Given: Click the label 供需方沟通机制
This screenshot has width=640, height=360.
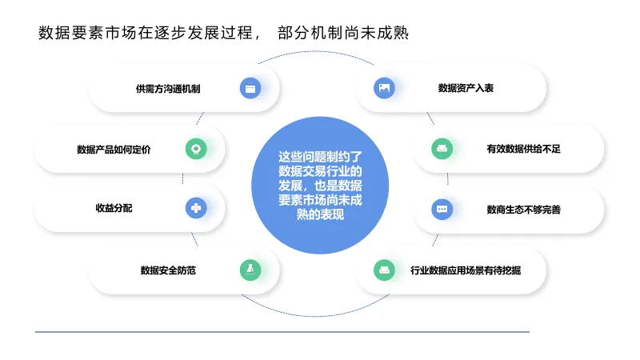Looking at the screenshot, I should click(x=168, y=88).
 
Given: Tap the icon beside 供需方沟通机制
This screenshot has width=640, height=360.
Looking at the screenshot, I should click(x=250, y=88).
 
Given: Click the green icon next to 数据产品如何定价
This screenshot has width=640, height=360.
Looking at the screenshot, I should click(x=196, y=149).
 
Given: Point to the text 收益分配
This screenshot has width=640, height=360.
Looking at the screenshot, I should click(x=114, y=209).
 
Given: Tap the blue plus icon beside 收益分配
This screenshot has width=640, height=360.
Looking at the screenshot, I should click(x=196, y=209).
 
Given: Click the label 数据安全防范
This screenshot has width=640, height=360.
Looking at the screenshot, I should click(x=168, y=270).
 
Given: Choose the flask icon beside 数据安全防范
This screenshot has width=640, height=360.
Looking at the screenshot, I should click(x=250, y=270).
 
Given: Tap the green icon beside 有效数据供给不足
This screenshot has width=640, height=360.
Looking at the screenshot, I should click(x=442, y=149).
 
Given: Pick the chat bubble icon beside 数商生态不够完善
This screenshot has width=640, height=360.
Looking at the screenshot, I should click(x=442, y=210).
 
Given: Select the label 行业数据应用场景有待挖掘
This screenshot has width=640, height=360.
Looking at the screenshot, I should click(x=466, y=270).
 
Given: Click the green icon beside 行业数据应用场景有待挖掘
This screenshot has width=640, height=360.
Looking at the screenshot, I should click(x=385, y=270).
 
